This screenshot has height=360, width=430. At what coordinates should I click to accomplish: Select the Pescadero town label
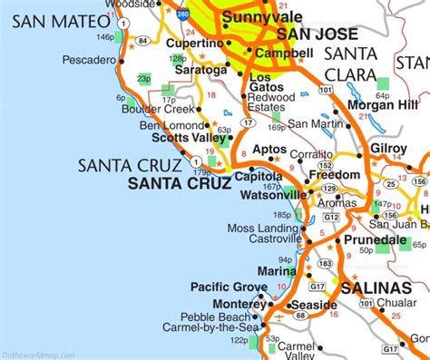coord(90,60)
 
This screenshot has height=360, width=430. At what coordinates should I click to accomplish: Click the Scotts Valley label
coord(188,138)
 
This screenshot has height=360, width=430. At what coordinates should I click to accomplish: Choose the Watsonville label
coord(271,194)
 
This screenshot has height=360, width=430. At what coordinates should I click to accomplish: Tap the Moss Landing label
coord(258,228)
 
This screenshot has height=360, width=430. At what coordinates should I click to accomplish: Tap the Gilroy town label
coord(390,146)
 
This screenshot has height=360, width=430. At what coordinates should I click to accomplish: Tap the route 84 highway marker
coord(142,41)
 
